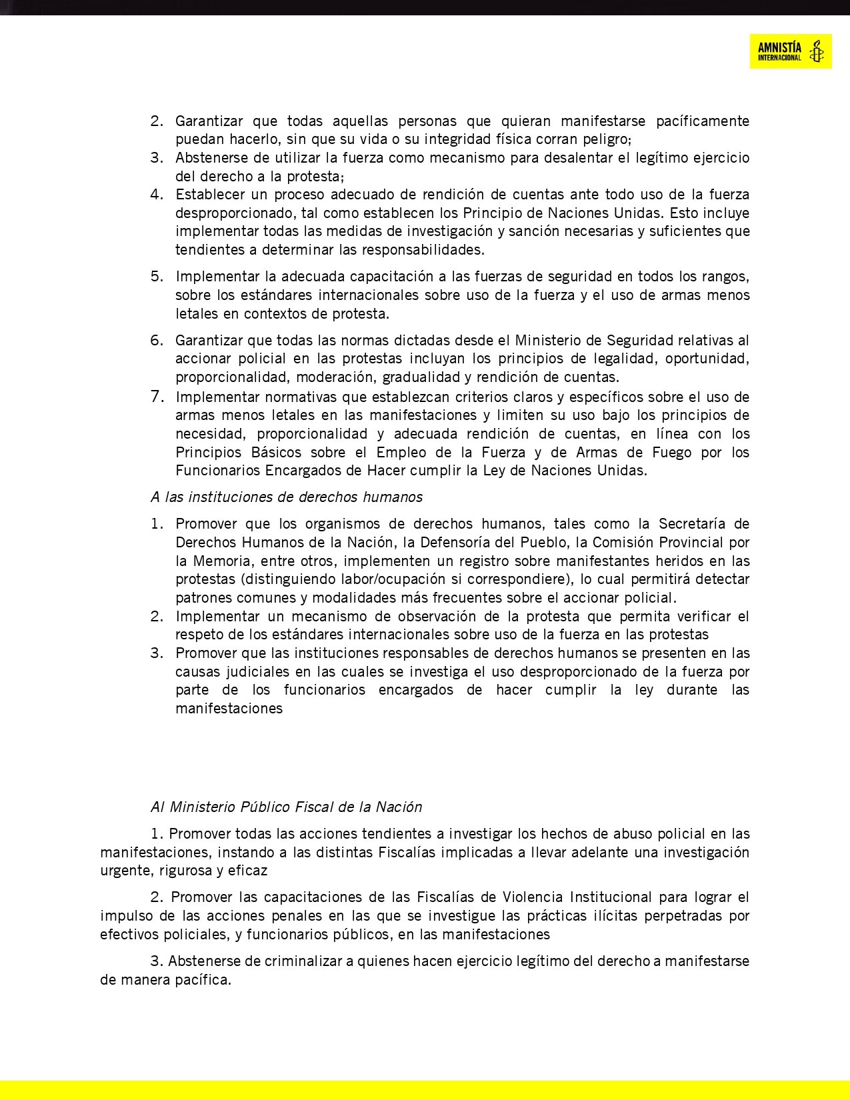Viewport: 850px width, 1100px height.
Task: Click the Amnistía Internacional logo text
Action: coord(779,51)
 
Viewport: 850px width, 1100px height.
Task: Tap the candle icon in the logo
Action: coord(816,51)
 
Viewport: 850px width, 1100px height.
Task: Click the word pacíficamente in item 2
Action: coord(703,121)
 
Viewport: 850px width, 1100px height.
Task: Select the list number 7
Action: coord(157,397)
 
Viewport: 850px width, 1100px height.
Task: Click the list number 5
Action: coord(157,276)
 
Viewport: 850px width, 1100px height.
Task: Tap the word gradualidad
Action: coord(419,377)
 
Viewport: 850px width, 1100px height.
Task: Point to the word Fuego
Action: coord(672,453)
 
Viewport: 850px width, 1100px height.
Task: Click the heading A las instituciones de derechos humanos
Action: coord(287,497)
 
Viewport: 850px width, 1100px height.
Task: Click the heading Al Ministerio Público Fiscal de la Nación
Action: coord(287,807)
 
